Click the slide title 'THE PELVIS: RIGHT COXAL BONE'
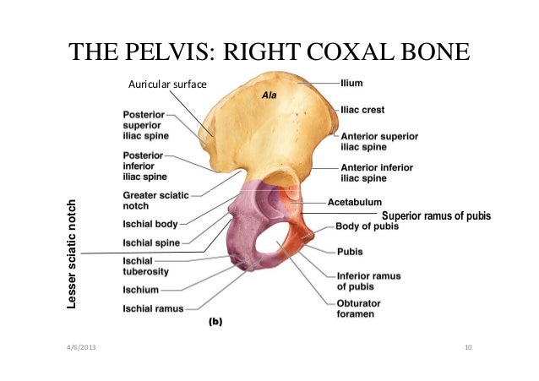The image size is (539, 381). (269, 52)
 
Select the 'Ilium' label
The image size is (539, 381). (351, 83)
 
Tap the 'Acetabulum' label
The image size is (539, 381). (354, 203)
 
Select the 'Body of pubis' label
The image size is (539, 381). (369, 226)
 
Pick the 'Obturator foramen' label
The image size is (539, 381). (360, 308)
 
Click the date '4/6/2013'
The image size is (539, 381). (82, 349)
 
